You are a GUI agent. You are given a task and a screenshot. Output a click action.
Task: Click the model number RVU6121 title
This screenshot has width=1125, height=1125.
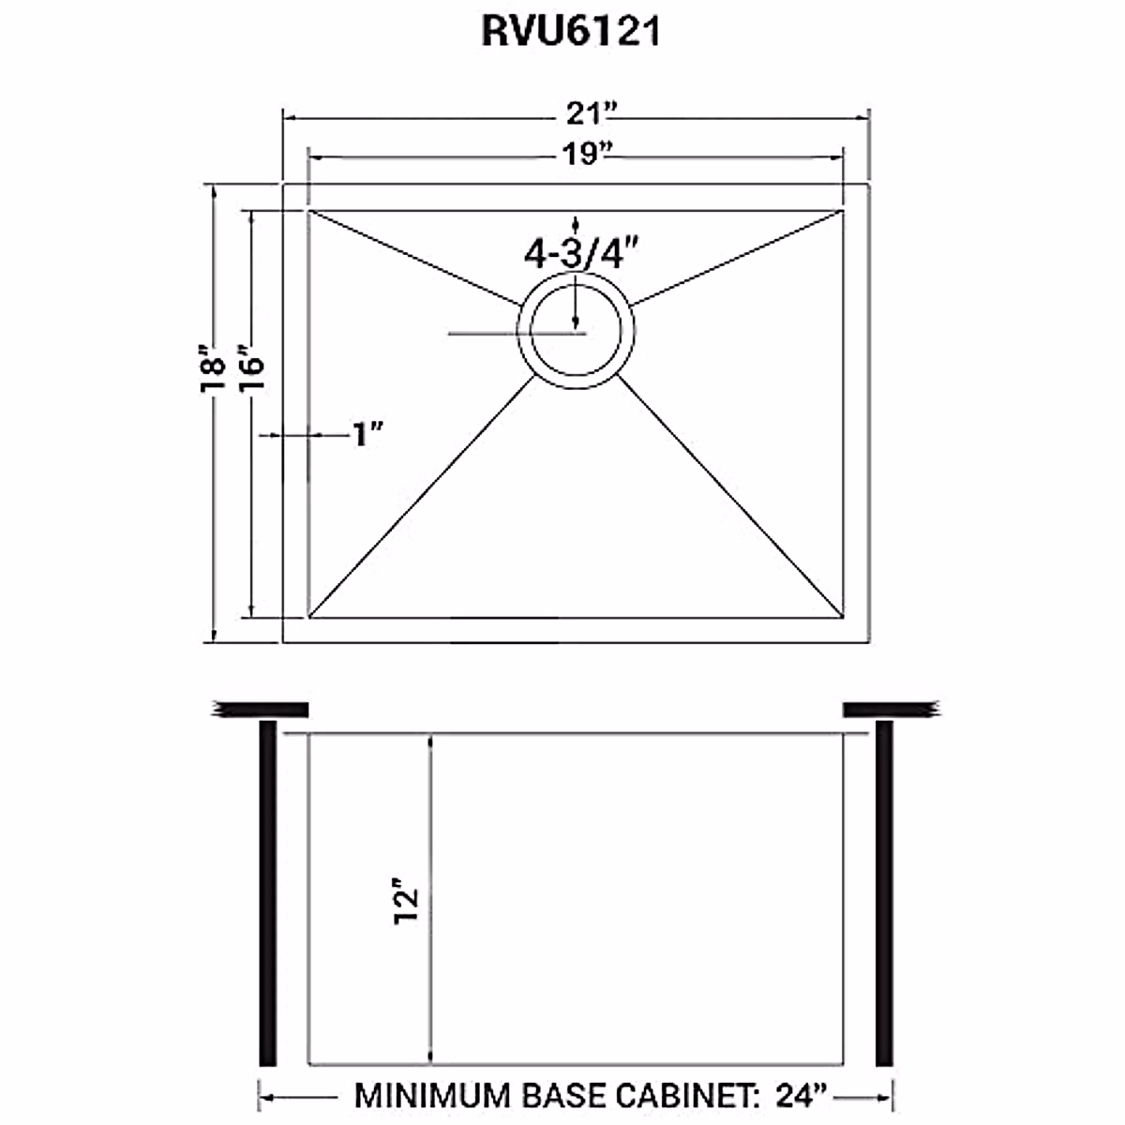tap(571, 31)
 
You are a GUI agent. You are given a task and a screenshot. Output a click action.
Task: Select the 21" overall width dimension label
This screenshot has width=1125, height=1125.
tap(590, 114)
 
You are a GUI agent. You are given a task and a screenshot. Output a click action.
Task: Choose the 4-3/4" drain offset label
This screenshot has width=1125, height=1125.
tap(582, 252)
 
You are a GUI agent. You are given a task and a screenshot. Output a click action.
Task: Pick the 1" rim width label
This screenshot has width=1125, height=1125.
tap(368, 434)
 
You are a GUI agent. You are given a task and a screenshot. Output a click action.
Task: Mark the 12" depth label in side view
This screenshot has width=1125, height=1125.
tap(405, 902)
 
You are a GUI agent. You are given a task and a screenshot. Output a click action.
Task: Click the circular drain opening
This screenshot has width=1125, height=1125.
tap(576, 331)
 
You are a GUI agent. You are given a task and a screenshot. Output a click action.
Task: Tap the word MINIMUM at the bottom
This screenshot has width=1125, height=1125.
tap(430, 1095)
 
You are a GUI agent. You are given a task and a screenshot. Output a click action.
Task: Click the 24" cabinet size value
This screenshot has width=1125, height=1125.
tap(802, 1095)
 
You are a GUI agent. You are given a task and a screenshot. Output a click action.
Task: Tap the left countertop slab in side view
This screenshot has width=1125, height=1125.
tap(262, 709)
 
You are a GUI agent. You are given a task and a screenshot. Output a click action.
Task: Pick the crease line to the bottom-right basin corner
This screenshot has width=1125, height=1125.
tap(729, 492)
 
